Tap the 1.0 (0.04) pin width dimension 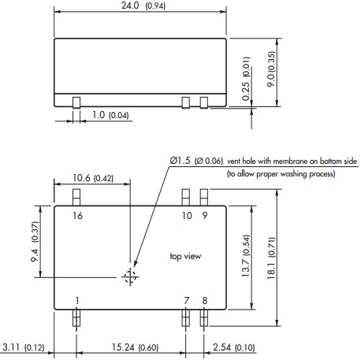coord(106,117)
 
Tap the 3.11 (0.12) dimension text coord(27,347)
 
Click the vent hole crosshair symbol coord(129,276)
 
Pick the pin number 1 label coord(77,299)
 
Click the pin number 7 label coord(187,299)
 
